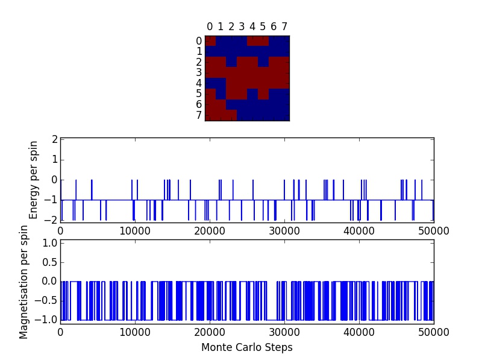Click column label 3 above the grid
(242, 27)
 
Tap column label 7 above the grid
(284, 27)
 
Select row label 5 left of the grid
(199, 94)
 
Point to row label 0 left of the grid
(199, 42)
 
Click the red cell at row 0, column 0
(210, 41)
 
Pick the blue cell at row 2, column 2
(231, 62)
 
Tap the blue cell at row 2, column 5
(263, 62)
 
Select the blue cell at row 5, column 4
(252, 94)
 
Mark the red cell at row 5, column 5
(263, 94)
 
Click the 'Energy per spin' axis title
(34, 180)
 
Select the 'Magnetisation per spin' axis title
(24, 282)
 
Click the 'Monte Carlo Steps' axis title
(246, 347)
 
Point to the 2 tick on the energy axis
(54, 139)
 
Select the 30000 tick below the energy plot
(284, 230)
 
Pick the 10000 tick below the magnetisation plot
(135, 332)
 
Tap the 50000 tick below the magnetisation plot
(433, 332)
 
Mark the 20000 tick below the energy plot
(210, 230)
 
